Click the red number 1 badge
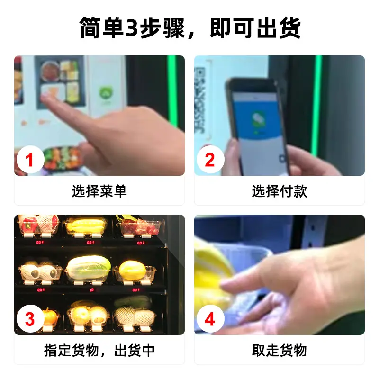click(x=30, y=160)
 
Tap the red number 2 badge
click(x=210, y=160)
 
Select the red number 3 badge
click(x=30, y=319)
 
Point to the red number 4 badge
click(x=210, y=319)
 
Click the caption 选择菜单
click(x=99, y=191)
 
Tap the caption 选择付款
click(x=280, y=191)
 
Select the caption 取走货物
click(x=280, y=350)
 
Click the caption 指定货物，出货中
click(x=99, y=350)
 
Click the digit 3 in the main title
click(x=132, y=28)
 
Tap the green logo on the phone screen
click(x=258, y=119)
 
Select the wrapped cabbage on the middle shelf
click(x=89, y=268)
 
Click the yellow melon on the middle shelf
click(x=133, y=270)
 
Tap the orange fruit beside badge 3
click(x=50, y=317)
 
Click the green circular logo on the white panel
click(x=106, y=92)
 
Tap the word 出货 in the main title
click(x=279, y=28)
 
